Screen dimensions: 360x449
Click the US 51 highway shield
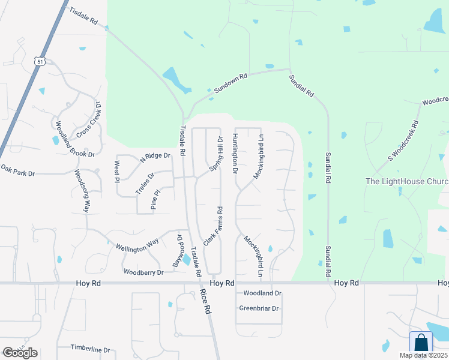click(x=39, y=61)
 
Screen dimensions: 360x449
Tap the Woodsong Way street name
click(x=82, y=191)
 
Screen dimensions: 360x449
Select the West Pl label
click(x=117, y=167)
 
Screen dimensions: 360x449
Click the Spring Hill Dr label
click(x=216, y=154)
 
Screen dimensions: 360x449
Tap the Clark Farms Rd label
click(x=214, y=226)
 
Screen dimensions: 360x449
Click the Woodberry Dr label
click(x=143, y=272)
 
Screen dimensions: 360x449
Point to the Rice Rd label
click(x=206, y=302)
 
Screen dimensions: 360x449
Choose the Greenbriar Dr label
click(x=259, y=308)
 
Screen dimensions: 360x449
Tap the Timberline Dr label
click(x=90, y=349)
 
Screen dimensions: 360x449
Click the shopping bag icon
click(x=421, y=343)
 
